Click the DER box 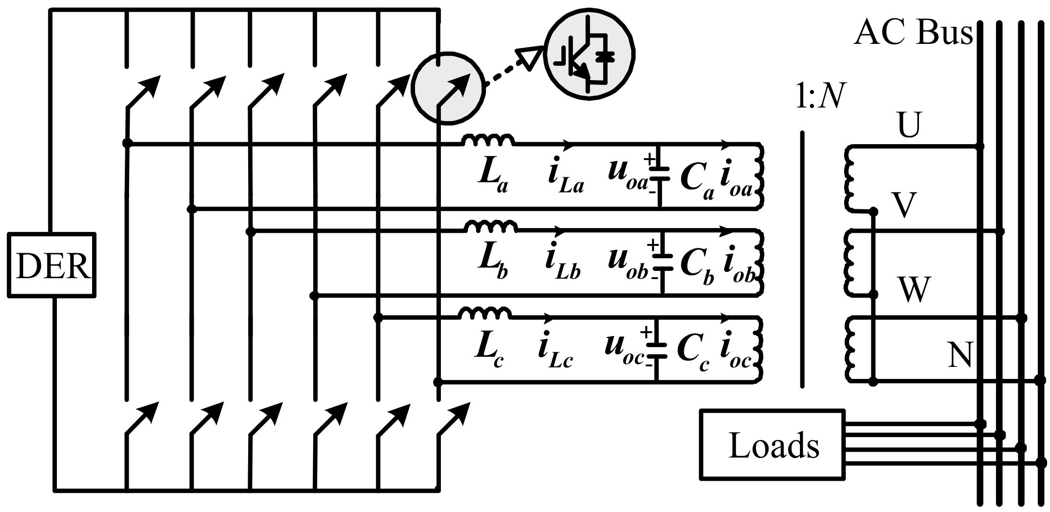52,265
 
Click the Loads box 772,445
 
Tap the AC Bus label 912,34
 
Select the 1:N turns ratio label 820,98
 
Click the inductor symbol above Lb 490,226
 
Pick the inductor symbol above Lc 485,314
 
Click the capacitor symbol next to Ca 659,174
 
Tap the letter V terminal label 903,205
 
